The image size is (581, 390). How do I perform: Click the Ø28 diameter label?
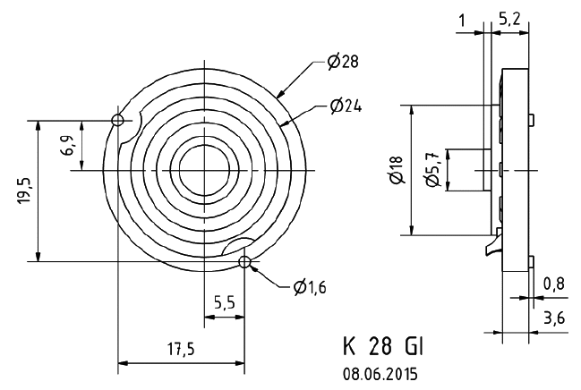(342, 63)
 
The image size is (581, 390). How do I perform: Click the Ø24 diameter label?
(344, 106)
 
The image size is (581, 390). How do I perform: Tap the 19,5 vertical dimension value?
(25, 191)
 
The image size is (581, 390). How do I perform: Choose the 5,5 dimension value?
(224, 304)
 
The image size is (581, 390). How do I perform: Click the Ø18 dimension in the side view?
(397, 169)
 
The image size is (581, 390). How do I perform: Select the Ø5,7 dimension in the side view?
(432, 169)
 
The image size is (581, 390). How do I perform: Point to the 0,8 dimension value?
(553, 284)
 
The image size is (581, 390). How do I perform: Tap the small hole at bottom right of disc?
(244, 261)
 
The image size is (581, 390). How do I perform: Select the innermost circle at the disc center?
(205, 167)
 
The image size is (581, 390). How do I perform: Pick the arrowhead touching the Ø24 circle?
(286, 125)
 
